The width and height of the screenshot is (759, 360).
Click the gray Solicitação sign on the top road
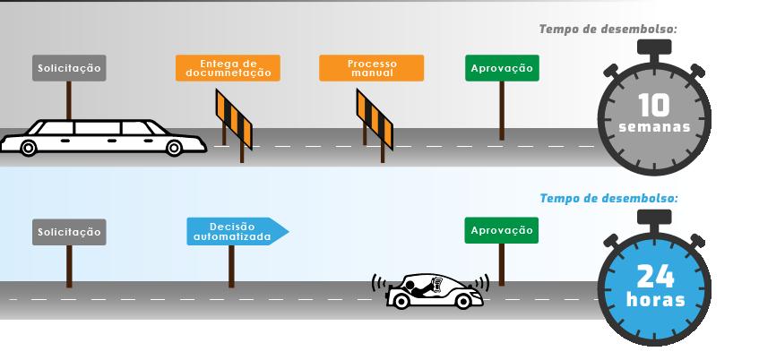(x=69, y=69)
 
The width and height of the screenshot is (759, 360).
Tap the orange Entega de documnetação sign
(x=229, y=68)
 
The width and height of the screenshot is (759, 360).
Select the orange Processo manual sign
(x=371, y=68)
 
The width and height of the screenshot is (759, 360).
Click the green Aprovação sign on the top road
(x=502, y=69)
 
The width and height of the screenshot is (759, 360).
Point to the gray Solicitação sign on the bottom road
(x=69, y=232)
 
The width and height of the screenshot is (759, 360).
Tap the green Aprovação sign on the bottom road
(x=502, y=230)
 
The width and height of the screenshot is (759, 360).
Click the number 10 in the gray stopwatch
(x=654, y=105)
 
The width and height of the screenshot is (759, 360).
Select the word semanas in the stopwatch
(x=654, y=127)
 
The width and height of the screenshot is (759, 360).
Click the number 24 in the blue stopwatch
(x=654, y=274)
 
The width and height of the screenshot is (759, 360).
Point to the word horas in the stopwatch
(x=654, y=299)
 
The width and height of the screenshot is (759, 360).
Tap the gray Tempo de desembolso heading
(x=608, y=30)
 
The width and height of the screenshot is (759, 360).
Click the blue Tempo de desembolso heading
(x=608, y=197)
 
